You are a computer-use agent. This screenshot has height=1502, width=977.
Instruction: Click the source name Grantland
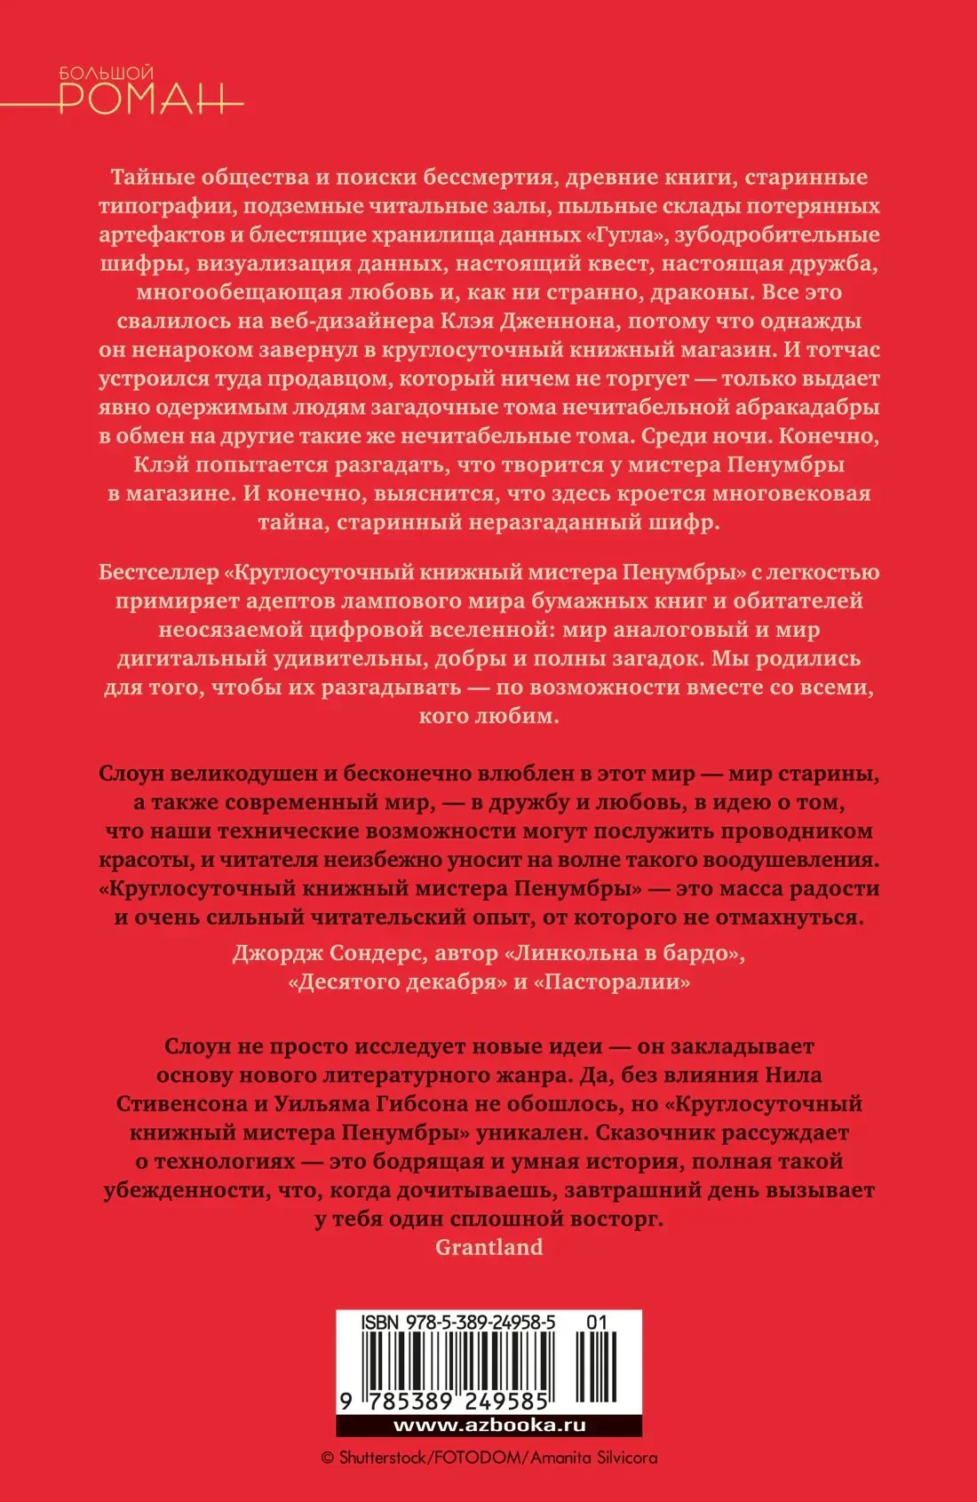pos(488,1248)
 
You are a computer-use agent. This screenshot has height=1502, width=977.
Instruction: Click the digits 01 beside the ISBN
pos(597,1322)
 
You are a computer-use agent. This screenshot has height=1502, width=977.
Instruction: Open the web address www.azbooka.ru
pos(488,1426)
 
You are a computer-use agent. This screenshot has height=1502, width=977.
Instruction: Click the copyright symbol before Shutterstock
pos(327,1458)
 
